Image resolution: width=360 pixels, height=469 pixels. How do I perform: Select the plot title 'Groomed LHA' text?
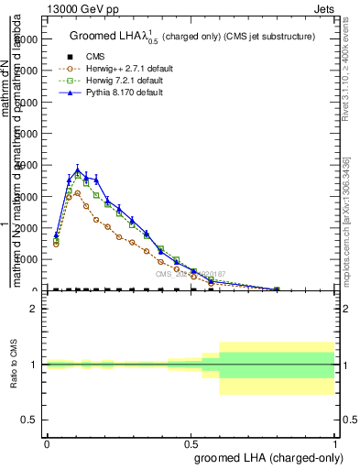pyautogui.click(x=110, y=37)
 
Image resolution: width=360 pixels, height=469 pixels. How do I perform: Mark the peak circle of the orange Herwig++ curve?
pyautogui.click(x=78, y=193)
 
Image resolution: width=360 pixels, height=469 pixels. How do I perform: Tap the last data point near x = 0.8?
pyautogui.click(x=278, y=289)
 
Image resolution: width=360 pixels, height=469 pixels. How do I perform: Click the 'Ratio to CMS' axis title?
pyautogui.click(x=14, y=365)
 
